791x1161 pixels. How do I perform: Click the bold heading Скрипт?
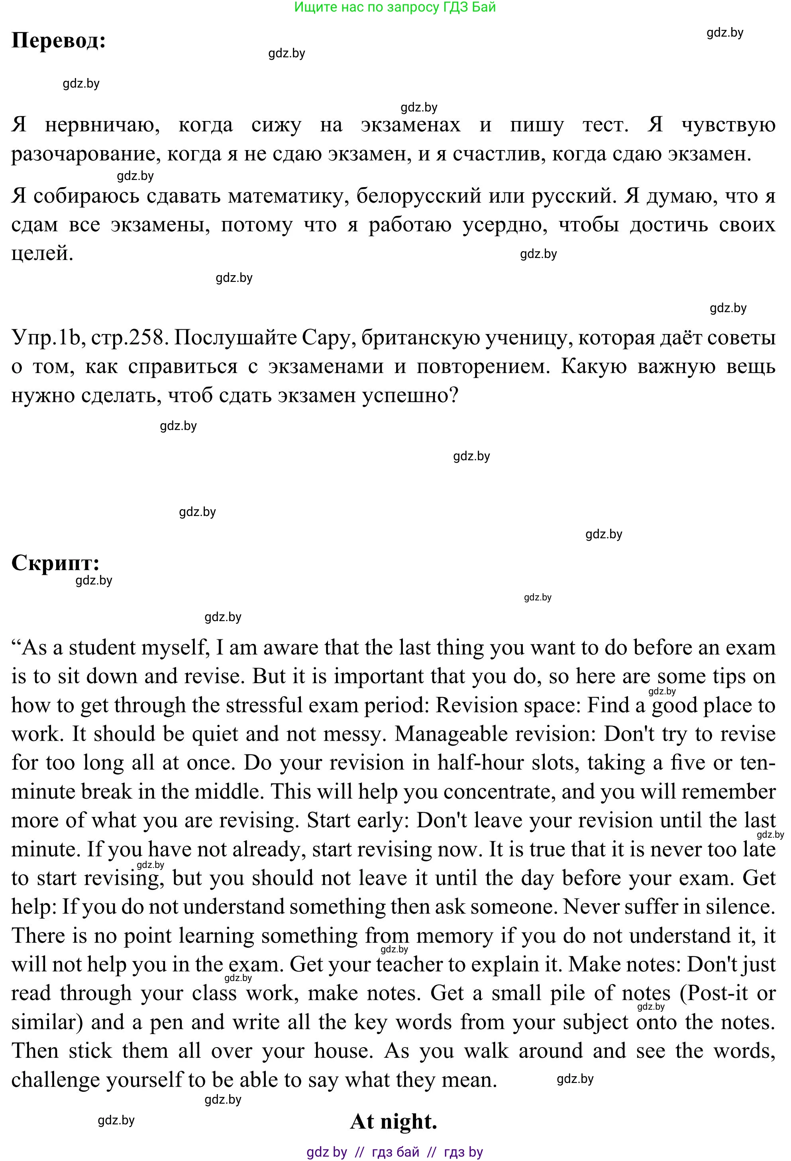(55, 563)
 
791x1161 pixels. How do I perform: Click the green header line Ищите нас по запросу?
(395, 7)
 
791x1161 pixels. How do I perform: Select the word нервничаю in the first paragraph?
(102, 125)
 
